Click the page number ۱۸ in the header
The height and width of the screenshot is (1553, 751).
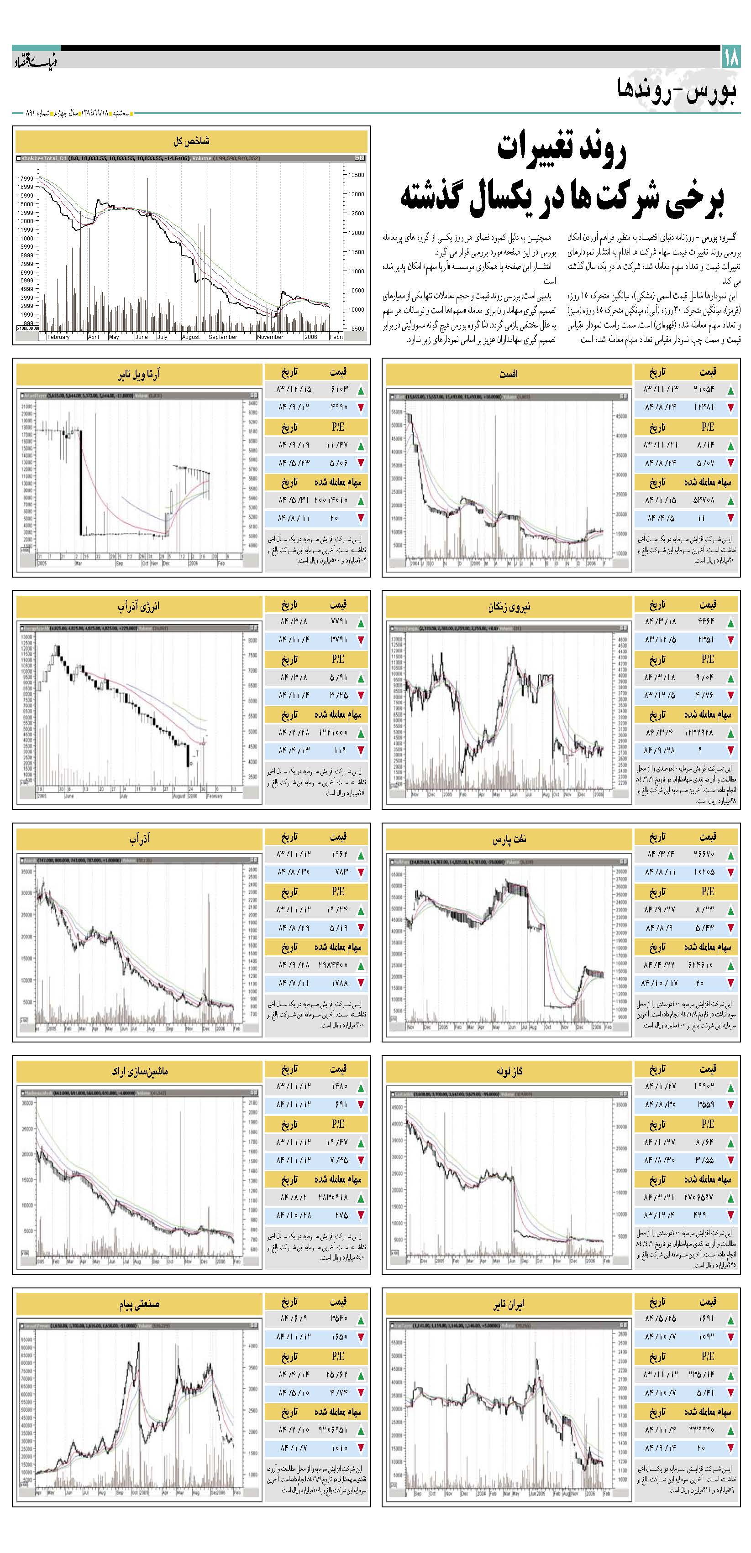tap(730, 58)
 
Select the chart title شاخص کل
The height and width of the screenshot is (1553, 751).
tap(191, 141)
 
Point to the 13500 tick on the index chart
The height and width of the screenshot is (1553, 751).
tap(357, 175)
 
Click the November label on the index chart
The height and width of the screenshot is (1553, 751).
tap(270, 337)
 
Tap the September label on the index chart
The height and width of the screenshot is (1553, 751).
tap(223, 337)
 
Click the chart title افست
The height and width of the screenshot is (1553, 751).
tap(508, 374)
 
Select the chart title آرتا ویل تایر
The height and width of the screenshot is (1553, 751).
tap(139, 375)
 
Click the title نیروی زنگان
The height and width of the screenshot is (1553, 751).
tap(509, 606)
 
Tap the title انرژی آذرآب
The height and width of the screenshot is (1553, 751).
tap(139, 606)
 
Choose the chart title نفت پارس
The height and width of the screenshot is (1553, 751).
tap(509, 839)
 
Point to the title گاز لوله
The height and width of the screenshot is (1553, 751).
tap(509, 1071)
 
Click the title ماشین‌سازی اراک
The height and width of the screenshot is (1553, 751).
tap(139, 1071)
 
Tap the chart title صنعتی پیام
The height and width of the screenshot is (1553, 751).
tap(139, 1304)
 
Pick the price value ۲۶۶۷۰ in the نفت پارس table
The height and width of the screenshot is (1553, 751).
tap(704, 854)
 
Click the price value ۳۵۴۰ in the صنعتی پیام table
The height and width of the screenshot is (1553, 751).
tap(340, 1319)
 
